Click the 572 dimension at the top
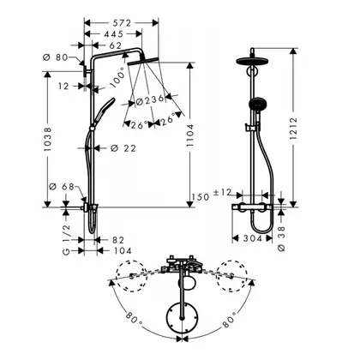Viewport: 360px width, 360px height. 120,23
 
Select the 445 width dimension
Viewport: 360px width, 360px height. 113,34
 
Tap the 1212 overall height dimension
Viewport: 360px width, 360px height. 293,128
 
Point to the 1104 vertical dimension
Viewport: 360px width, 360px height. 189,135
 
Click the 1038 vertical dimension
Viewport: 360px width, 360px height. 47,139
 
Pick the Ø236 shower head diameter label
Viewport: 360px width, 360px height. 150,100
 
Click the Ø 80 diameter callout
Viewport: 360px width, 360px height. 56,57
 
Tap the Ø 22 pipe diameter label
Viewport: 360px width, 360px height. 123,148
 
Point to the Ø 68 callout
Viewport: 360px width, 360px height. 62,187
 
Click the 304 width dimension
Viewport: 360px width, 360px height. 252,238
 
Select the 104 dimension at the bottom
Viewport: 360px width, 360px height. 123,251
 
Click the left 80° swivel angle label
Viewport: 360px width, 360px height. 133,318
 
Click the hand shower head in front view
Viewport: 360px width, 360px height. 258,104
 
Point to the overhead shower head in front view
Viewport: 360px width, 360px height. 252,61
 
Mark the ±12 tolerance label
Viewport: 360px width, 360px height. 223,192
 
